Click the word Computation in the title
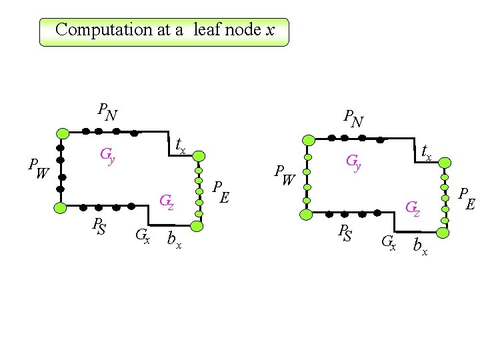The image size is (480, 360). click(95, 30)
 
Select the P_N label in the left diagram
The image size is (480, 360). click(107, 112)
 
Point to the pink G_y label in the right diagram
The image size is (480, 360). click(353, 162)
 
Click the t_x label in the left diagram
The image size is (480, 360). click(180, 145)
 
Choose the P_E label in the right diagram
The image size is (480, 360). click(466, 199)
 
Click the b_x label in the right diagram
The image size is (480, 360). click(420, 246)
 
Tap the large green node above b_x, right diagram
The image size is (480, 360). click(444, 232)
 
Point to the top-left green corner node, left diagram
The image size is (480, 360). click(61, 132)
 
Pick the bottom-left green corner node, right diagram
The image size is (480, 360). click(307, 215)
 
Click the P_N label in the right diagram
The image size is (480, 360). click(353, 118)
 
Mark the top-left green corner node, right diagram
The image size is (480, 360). click(308, 140)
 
